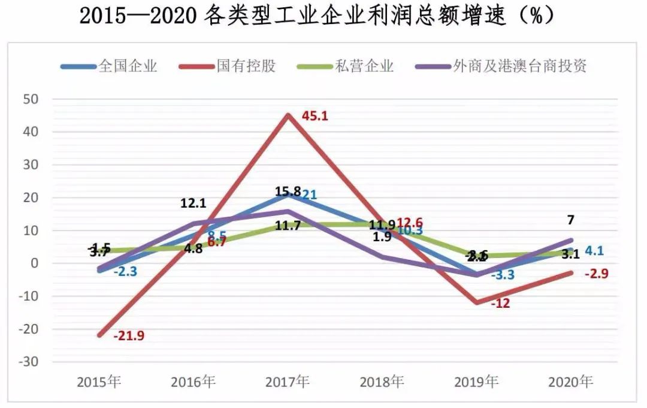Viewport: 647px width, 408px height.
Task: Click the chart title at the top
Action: (318, 16)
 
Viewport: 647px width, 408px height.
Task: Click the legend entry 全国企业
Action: (128, 66)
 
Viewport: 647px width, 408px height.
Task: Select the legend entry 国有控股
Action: (246, 66)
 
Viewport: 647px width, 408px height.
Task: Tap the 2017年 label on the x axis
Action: (288, 382)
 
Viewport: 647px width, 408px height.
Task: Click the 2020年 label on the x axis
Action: (571, 382)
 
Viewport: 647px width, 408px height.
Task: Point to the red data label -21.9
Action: (129, 336)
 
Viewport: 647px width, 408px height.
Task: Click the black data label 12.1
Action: (194, 203)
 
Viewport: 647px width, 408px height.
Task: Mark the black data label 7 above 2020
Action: (570, 220)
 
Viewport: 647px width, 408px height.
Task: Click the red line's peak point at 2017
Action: (288, 115)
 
